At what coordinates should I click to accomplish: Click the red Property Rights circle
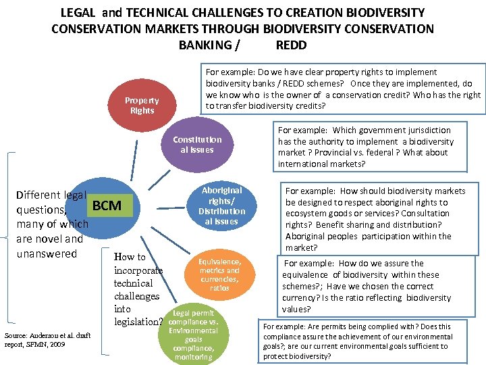tap(142, 105)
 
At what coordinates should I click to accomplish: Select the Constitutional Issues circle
tap(197, 145)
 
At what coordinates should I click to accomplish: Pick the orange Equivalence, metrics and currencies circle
tap(219, 274)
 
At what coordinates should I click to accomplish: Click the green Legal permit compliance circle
tap(193, 335)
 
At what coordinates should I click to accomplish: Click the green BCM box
tap(107, 205)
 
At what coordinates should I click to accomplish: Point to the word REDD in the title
tap(291, 45)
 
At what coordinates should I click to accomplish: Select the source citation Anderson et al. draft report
tap(47, 339)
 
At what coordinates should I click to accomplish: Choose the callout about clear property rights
tap(344, 89)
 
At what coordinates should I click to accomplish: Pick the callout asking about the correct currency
tap(367, 286)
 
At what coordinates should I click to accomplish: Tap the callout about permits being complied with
tap(358, 341)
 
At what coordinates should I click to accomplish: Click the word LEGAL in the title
tap(80, 13)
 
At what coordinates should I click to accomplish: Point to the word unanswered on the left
tap(47, 253)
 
